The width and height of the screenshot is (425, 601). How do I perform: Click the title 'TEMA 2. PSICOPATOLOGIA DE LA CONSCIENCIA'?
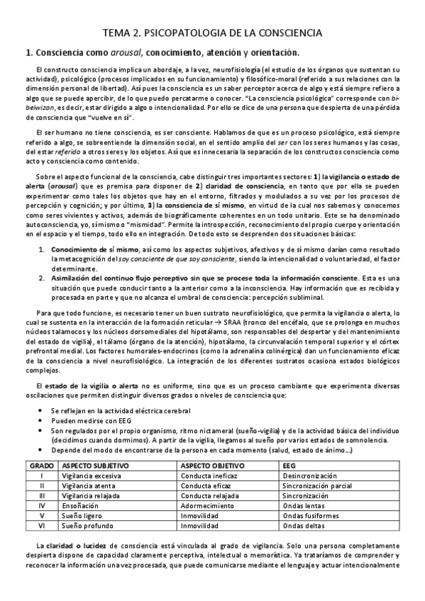(212, 33)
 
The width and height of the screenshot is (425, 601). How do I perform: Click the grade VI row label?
(42, 527)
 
